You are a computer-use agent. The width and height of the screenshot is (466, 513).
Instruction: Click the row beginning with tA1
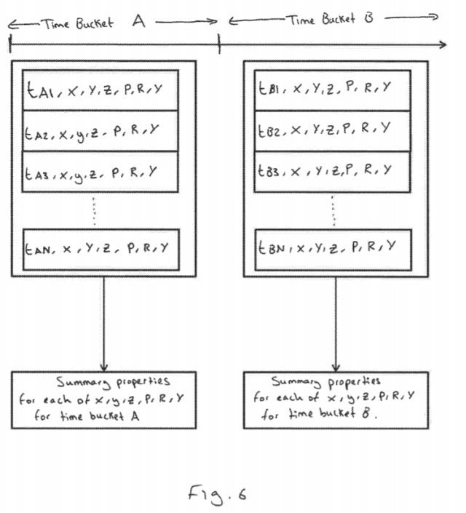tap(101, 90)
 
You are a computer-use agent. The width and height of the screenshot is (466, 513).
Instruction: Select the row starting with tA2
tap(101, 131)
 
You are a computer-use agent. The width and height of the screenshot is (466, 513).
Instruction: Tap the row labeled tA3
tap(101, 172)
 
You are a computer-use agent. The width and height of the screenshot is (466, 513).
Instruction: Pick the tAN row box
tap(101, 247)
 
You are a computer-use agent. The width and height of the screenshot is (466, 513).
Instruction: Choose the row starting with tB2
tap(333, 131)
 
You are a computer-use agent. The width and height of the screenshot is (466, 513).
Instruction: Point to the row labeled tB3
tap(333, 172)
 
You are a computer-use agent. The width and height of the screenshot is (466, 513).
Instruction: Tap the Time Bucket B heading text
tap(331, 20)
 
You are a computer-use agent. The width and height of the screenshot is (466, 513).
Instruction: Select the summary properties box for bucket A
tap(103, 399)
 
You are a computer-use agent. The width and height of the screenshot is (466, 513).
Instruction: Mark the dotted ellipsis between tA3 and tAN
tap(95, 211)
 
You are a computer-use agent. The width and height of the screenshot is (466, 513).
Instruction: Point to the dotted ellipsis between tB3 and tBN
tap(333, 211)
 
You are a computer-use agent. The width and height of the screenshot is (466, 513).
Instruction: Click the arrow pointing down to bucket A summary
tap(103, 324)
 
